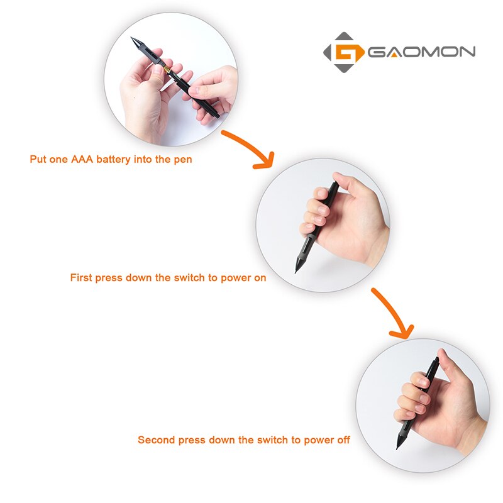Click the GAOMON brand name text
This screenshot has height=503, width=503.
(421, 52)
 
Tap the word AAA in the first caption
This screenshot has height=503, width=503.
(82, 160)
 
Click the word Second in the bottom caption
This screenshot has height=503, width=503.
(155, 440)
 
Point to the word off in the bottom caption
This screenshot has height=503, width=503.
(343, 440)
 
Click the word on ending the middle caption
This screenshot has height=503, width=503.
(260, 277)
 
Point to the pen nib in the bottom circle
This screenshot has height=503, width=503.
(398, 445)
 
